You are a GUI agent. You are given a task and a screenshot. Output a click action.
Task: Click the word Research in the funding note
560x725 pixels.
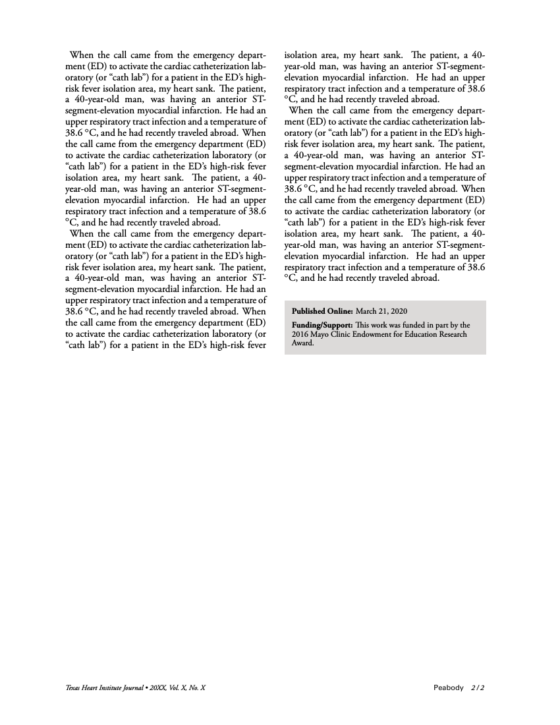[x=469, y=334]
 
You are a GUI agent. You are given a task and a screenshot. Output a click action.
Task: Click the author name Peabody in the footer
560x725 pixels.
[x=449, y=688]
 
